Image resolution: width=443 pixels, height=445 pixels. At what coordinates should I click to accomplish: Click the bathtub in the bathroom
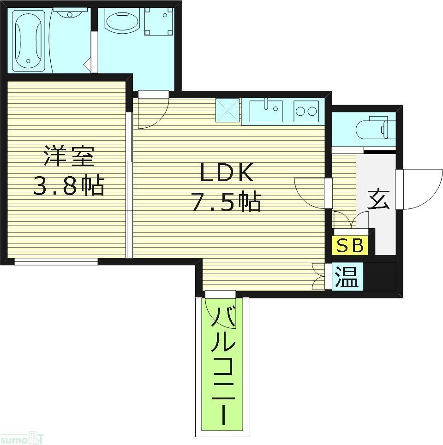tap(29, 40)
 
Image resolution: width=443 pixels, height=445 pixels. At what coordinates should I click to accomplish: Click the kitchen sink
tap(266, 111)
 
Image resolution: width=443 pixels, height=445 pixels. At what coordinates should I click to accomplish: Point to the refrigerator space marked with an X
tap(228, 111)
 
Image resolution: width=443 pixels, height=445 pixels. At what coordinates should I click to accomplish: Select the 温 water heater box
tap(347, 277)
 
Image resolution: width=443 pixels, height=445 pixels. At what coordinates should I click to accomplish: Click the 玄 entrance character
tap(378, 200)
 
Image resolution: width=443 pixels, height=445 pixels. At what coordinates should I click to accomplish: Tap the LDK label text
tap(226, 174)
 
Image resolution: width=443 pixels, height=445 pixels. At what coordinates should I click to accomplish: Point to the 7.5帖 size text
tap(226, 202)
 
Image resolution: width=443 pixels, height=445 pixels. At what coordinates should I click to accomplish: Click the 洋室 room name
tap(69, 156)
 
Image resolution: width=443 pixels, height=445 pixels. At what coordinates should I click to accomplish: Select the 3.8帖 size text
tap(69, 185)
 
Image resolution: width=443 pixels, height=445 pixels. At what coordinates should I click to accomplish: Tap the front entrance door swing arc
tap(422, 189)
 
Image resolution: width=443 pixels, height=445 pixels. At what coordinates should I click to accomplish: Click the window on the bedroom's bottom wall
tap(56, 261)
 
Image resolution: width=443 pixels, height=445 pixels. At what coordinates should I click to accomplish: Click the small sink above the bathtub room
tap(70, 13)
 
